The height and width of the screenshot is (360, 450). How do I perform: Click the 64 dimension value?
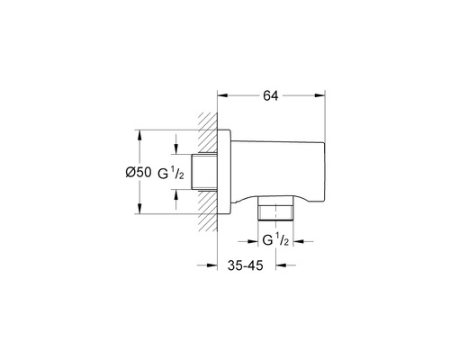tap(271, 95)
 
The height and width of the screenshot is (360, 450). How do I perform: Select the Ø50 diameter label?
tap(139, 172)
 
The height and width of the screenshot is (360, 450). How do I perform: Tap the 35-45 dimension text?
tap(245, 265)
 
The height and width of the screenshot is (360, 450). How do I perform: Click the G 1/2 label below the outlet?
tap(275, 240)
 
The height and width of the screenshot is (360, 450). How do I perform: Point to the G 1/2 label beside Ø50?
tap(171, 174)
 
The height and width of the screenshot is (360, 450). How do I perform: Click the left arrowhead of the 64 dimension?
tap(222, 95)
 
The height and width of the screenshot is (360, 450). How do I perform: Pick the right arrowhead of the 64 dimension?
tap(319, 95)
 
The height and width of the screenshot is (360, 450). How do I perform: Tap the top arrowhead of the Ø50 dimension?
tap(139, 135)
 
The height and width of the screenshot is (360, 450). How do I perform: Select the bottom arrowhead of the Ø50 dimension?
tap(139, 209)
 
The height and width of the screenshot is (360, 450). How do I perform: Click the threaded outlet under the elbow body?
tap(275, 209)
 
